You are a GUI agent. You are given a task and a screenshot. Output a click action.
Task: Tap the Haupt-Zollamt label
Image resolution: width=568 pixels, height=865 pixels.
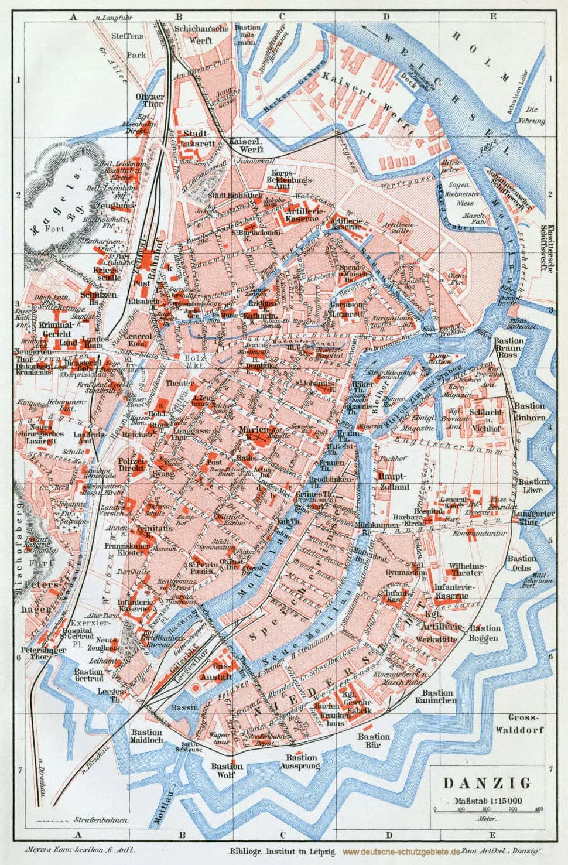coord(393,480)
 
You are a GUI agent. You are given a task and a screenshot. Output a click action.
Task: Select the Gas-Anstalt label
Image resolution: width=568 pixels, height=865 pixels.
coord(222,672)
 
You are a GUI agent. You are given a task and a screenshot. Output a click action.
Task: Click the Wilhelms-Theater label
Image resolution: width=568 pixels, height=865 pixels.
coord(466,570)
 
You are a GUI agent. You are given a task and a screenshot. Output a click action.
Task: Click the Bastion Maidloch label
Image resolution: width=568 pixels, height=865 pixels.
coord(146,736)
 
